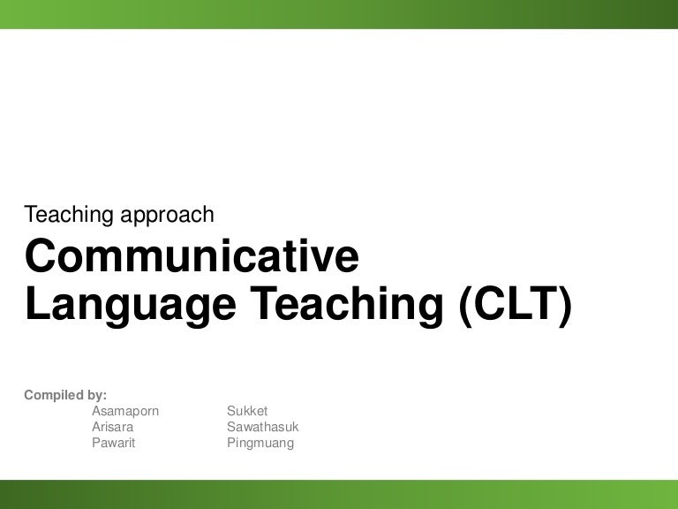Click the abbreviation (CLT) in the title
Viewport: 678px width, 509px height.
(516, 305)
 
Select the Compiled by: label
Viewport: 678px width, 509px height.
(65, 395)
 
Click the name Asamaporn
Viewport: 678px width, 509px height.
(125, 411)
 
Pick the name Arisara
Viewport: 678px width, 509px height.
(113, 427)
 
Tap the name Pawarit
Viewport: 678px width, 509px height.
(114, 443)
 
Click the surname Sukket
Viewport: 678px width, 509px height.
(247, 411)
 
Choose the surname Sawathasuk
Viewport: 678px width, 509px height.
(263, 427)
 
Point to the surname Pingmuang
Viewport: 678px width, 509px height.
(260, 443)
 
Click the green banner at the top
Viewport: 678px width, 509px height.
(339, 14)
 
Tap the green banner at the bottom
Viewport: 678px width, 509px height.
(339, 494)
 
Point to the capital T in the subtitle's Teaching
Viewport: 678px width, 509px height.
(31, 214)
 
